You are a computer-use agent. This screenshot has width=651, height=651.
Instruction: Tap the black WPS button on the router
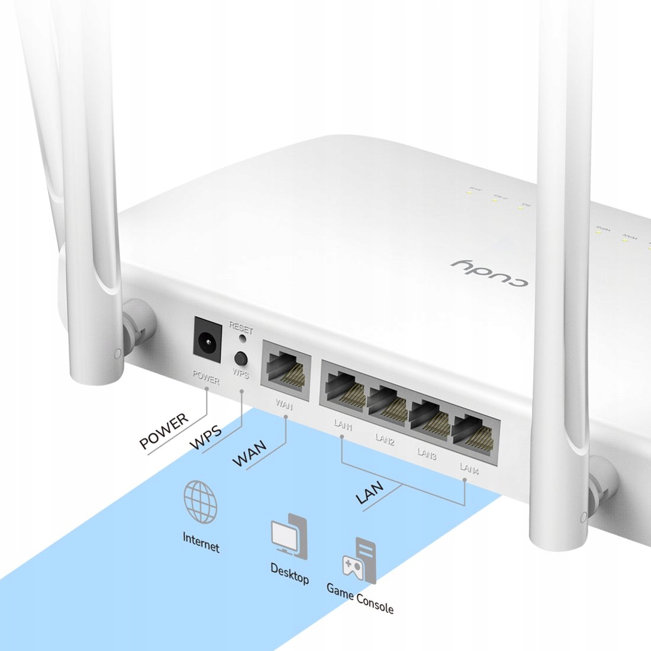click(241, 358)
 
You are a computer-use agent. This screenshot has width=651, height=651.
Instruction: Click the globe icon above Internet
click(200, 502)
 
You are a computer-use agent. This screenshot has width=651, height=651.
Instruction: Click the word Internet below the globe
click(201, 541)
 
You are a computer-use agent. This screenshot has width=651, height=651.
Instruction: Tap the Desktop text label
click(289, 573)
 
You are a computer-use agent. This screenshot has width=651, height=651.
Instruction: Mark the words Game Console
click(360, 598)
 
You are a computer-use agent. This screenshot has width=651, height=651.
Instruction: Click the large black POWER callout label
click(164, 431)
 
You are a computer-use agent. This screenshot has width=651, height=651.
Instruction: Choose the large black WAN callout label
click(249, 453)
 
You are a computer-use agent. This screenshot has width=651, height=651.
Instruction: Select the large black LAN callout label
click(369, 492)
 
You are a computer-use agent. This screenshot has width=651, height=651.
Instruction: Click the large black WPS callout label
click(206, 438)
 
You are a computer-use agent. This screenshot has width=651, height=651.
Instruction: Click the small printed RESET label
click(240, 327)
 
